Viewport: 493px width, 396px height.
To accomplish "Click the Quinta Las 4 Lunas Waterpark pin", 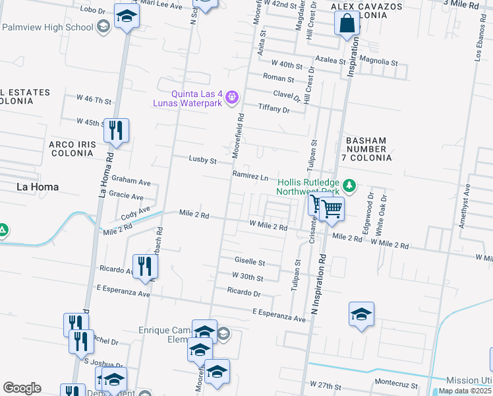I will tap(231, 98).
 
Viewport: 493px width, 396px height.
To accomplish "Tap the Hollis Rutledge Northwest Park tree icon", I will tap(351, 187).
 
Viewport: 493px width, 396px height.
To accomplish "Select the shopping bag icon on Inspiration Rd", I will tap(347, 25).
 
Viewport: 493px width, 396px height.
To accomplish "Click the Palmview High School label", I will tap(47, 27).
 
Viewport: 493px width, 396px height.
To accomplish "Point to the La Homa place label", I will tap(38, 187).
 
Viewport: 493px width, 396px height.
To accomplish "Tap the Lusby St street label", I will tap(203, 160).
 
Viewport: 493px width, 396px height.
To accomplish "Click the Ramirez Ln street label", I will tap(250, 177).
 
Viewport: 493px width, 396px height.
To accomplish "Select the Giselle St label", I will tap(250, 262).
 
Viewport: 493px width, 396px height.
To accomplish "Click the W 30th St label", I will tap(247, 278).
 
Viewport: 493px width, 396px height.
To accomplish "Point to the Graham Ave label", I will tap(131, 179).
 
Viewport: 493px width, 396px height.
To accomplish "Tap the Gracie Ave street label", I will tap(127, 197).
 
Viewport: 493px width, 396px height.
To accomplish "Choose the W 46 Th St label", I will tap(94, 100).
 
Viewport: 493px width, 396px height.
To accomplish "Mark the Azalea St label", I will tap(330, 60).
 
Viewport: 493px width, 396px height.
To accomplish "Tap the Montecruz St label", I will tap(397, 382).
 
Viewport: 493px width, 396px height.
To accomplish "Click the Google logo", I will tap(22, 388).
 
